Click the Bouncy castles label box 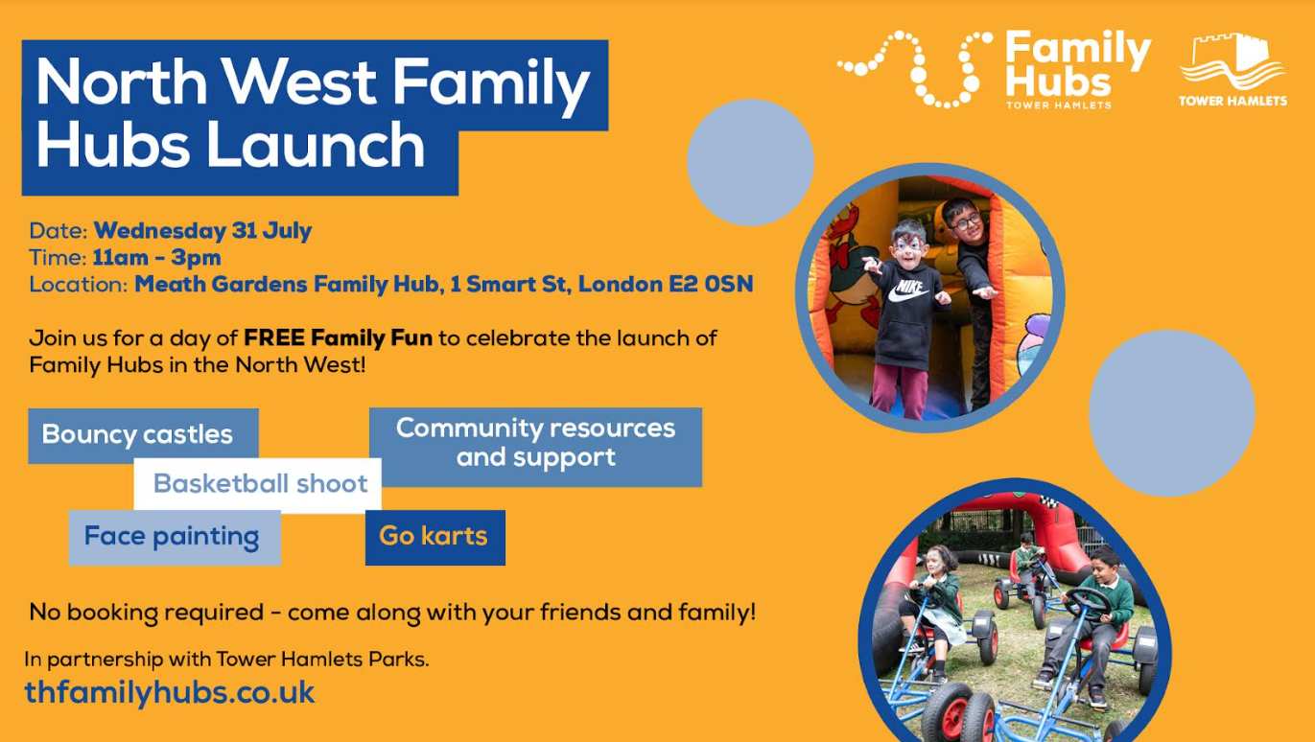(143, 436)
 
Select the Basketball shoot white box (258, 484)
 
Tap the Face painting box (175, 537)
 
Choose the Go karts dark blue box (435, 537)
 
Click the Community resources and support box (535, 447)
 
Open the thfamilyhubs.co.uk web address (170, 693)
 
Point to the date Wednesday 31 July (202, 230)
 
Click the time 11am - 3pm (156, 258)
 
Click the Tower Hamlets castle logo (1233, 69)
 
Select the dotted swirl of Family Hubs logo (915, 69)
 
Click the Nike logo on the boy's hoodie (908, 290)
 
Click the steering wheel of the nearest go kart (1088, 602)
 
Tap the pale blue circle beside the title (750, 162)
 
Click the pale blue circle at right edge (1172, 413)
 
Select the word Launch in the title (316, 145)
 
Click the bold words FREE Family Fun (339, 338)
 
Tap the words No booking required (146, 613)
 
